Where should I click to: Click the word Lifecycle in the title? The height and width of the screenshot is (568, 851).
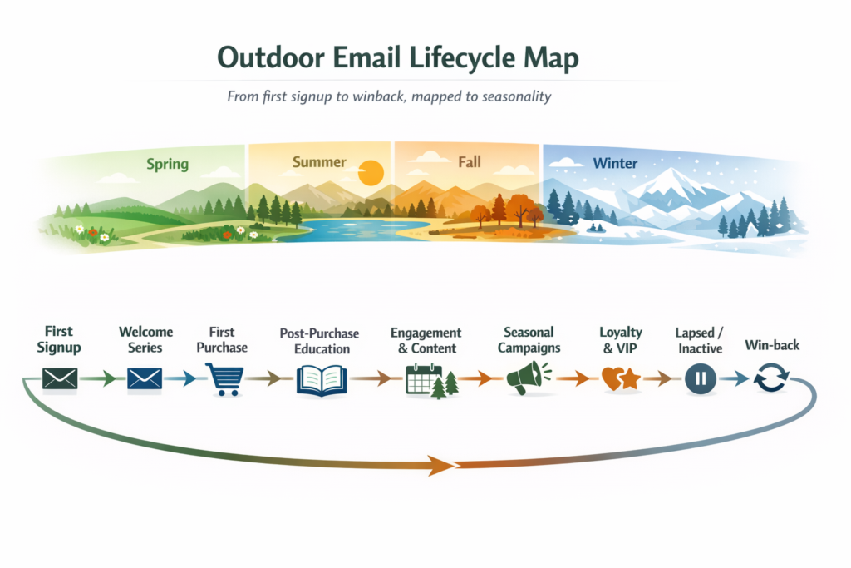pos(462,58)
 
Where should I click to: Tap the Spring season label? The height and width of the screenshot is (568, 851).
pos(168,164)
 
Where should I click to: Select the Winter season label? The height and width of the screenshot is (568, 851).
pos(615,163)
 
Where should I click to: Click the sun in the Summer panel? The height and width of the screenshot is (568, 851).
pos(371,173)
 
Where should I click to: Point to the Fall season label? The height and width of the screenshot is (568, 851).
pos(470,162)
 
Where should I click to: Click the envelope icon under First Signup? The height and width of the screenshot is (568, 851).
pos(60,378)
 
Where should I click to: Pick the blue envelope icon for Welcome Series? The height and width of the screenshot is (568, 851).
pos(145,378)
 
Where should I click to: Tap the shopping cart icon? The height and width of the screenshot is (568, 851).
pos(224,379)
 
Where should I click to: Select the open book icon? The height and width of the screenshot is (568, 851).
pos(322,379)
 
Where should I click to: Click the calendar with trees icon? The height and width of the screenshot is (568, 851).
pos(432,381)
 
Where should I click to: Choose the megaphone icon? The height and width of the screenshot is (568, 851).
pos(528,378)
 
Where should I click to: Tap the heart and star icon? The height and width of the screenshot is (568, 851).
pos(622,378)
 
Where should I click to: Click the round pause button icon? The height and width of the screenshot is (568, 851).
pos(701,378)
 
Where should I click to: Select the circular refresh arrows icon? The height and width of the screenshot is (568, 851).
pos(771,378)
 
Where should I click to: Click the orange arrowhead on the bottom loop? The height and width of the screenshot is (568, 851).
pos(441,465)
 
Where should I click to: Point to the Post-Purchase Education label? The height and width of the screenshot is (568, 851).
pos(320,341)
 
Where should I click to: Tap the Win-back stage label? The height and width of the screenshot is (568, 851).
pos(772,345)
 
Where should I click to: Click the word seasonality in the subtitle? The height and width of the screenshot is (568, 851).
pos(517,96)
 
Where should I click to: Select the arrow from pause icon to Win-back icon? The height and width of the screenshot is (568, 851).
pos(735,378)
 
